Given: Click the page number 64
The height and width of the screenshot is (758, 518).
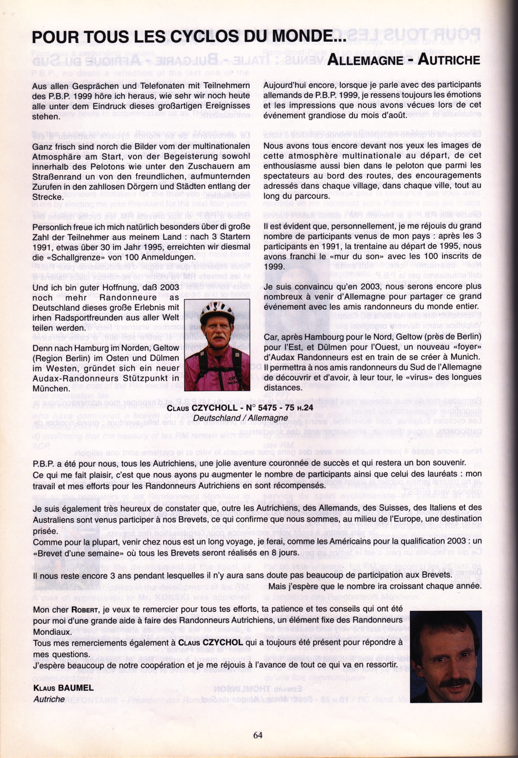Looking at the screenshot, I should [258, 735].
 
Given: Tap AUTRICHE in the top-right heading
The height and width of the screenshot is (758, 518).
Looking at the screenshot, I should [449, 60].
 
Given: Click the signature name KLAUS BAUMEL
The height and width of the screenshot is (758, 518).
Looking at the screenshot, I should [63, 688].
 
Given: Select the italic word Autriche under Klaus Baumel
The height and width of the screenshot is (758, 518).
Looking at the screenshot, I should [49, 699].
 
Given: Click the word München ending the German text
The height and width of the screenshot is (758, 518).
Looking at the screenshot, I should [51, 389].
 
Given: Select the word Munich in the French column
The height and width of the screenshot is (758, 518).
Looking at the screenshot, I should [468, 357].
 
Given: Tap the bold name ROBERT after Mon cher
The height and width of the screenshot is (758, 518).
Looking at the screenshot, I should [85, 610].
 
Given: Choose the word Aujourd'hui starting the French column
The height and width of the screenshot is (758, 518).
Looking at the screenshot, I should [286, 85].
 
